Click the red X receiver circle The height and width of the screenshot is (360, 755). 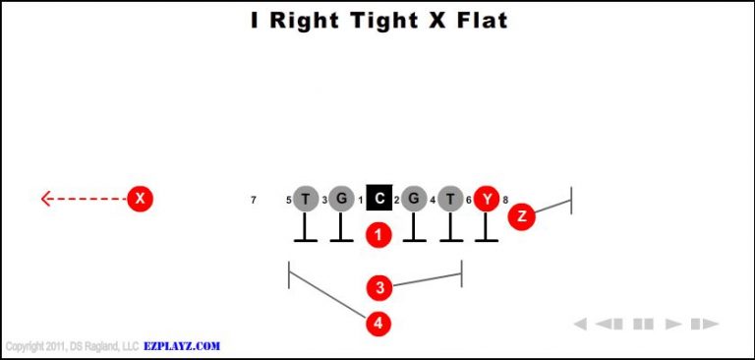pos(141,199)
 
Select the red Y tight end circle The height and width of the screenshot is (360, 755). pos(487,199)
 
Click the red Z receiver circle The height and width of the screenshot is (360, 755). pos(521,216)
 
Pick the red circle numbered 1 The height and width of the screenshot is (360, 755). pos(378,235)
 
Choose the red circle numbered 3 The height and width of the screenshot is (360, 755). pos(379,288)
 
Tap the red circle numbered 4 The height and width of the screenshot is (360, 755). pos(378,323)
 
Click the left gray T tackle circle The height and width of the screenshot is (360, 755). pos(306,199)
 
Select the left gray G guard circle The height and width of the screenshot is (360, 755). pos(340,199)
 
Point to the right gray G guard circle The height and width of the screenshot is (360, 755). pos(414,199)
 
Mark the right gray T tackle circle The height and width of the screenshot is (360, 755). pos(450,199)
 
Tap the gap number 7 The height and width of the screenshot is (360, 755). pos(254,200)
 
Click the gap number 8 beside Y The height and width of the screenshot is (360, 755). pos(505,200)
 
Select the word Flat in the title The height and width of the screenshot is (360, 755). pos(476,20)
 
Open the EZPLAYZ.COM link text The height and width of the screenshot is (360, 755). pos(182,346)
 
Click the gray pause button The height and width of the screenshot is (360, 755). pos(643,324)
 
